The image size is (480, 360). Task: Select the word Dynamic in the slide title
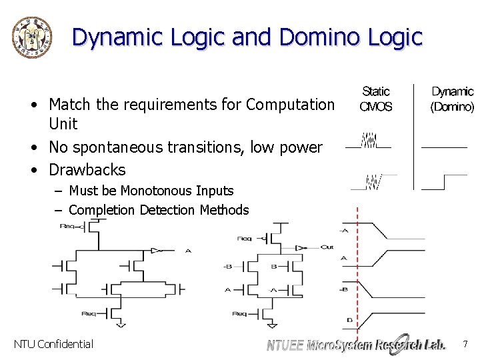(117, 37)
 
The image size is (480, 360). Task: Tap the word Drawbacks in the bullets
(87, 169)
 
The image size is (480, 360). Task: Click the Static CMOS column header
(376, 99)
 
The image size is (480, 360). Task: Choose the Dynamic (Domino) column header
(452, 99)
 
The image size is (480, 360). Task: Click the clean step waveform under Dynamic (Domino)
(445, 181)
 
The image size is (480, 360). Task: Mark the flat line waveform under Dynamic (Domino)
(444, 146)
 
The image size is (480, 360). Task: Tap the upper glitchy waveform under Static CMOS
(369, 142)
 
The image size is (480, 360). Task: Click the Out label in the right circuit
(327, 247)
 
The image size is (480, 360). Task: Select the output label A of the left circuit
(187, 251)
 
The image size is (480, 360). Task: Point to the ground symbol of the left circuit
(121, 325)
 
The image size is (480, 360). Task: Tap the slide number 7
(465, 344)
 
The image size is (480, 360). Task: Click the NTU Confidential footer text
(53, 344)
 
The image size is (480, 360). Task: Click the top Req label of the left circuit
(68, 226)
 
